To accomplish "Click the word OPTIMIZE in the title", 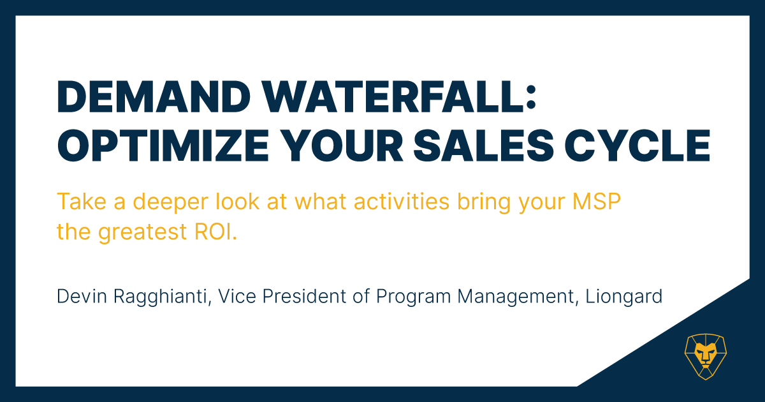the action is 163,145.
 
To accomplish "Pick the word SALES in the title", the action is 484,145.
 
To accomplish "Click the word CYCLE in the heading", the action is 637,145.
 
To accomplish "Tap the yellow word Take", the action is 82,202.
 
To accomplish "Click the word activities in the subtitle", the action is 401,202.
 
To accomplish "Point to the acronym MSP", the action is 596,202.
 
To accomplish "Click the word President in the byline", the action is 304,296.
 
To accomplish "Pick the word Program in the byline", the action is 413,297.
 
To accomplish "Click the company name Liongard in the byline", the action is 624,297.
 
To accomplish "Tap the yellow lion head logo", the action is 706,357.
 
